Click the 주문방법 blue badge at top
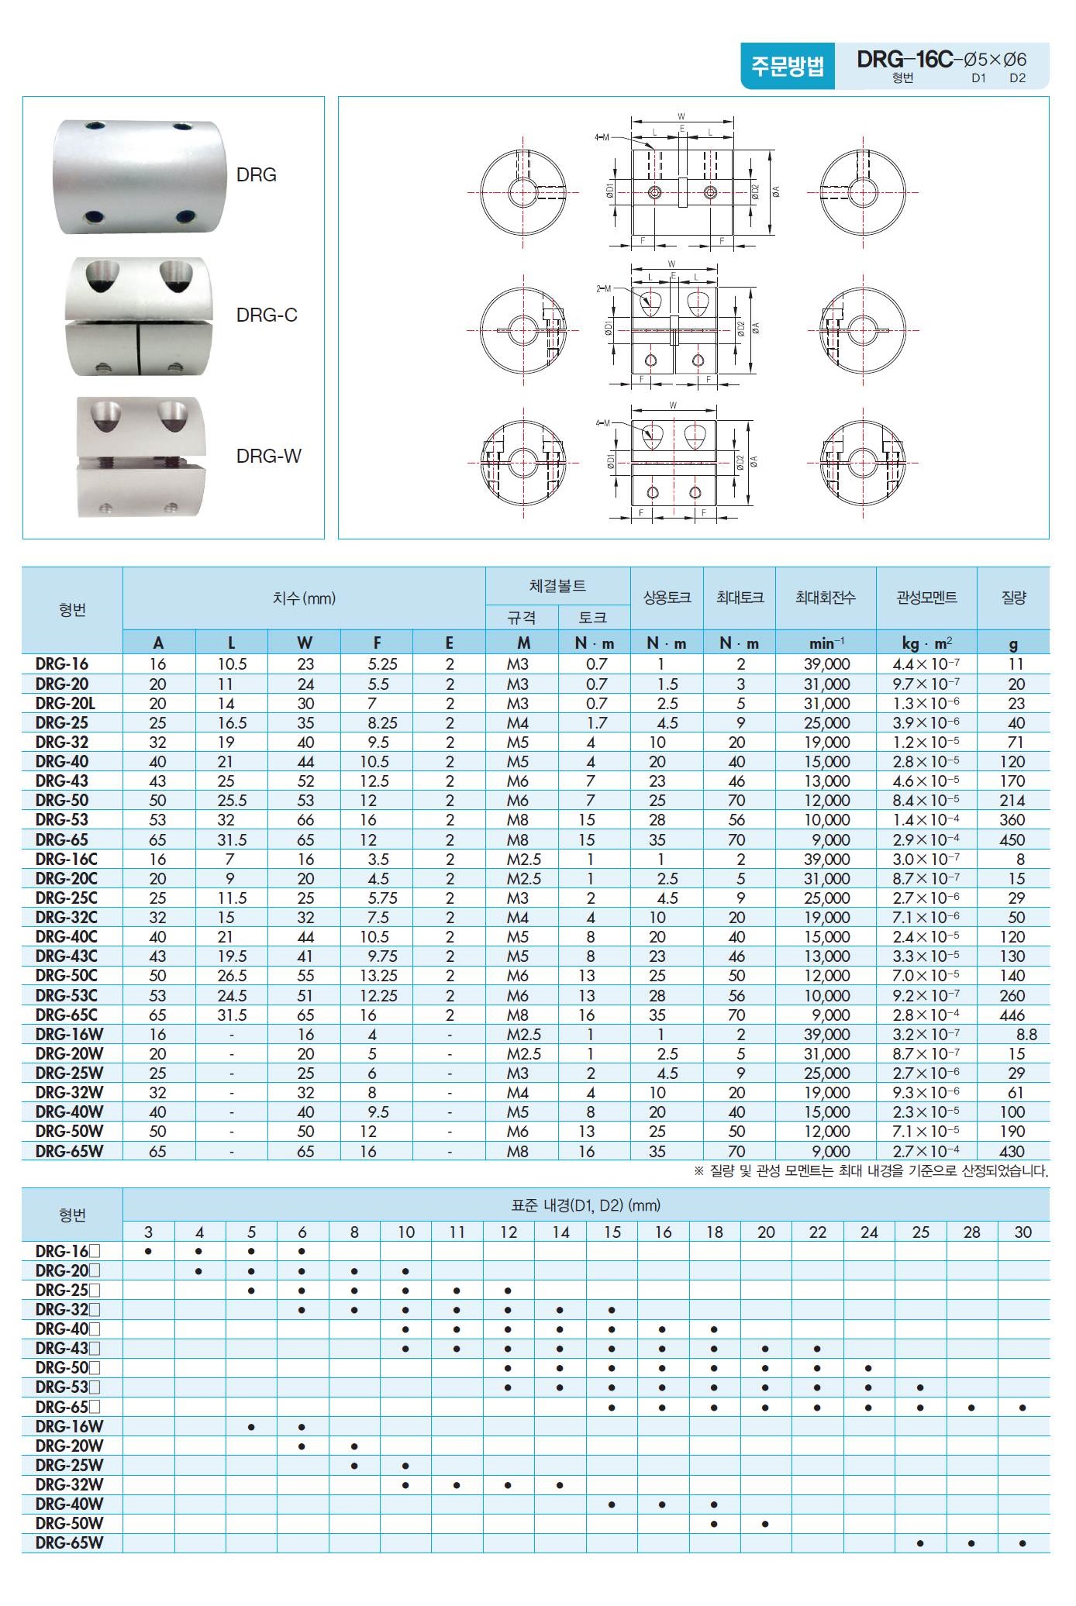point(787,66)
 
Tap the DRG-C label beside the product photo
point(267,315)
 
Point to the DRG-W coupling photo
point(140,457)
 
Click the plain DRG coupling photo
point(140,176)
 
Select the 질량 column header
point(1013,598)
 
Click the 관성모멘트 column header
point(926,598)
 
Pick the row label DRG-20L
point(65,703)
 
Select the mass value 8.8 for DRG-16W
point(1026,1034)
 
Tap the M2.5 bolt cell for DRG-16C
point(523,859)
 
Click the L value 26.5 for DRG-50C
point(232,976)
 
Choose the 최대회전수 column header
point(825,598)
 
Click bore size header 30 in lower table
point(1023,1232)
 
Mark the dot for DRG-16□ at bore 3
point(148,1251)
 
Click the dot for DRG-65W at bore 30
point(1023,1543)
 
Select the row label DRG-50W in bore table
point(69,1523)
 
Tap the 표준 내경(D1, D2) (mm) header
point(585,1205)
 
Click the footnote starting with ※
point(871,1171)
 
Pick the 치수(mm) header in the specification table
point(304,598)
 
